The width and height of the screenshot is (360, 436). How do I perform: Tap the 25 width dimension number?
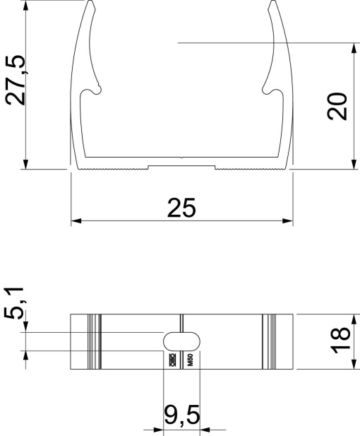(x=181, y=207)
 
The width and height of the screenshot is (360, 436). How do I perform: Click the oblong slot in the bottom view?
(x=182, y=341)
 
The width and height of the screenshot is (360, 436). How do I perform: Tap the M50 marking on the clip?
(x=190, y=360)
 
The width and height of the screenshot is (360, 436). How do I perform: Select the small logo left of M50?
(x=172, y=360)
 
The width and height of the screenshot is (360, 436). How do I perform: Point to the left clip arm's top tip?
(x=92, y=4)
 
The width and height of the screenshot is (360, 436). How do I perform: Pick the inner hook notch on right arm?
(x=269, y=90)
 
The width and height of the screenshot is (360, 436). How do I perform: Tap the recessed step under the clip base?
(x=181, y=167)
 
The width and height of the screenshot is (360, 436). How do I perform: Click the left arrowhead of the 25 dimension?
(x=75, y=220)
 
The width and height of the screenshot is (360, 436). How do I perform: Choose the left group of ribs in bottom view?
(x=92, y=341)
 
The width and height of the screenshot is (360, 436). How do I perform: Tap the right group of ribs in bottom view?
(x=270, y=341)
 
